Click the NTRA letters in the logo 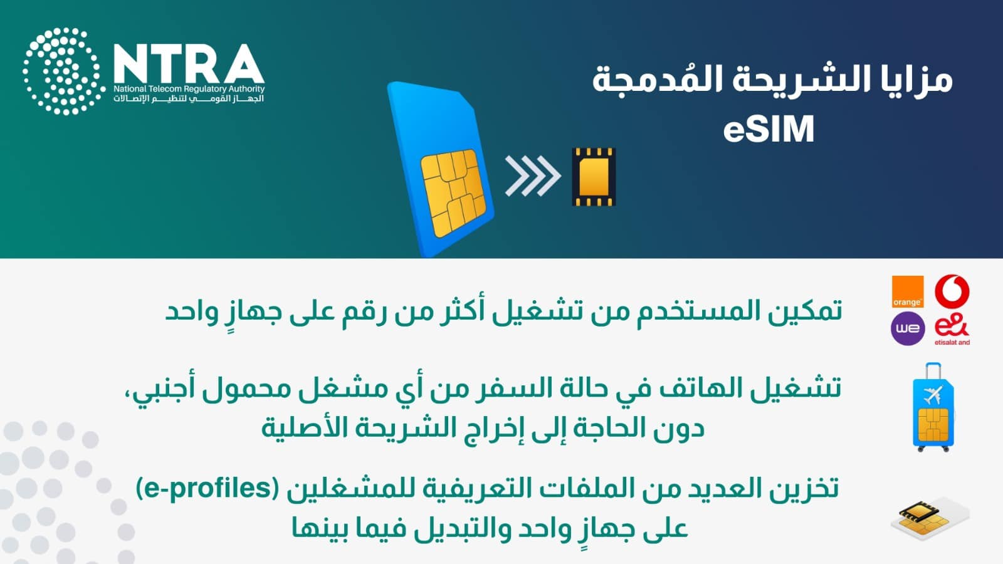pos(189,63)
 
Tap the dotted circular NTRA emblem pos(64,71)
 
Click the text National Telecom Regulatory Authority pos(189,89)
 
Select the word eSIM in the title pos(769,129)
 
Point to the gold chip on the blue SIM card pos(453,192)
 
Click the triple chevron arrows pos(533,176)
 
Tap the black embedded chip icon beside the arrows pos(594,177)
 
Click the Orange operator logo pos(908,292)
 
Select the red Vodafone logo pos(952,291)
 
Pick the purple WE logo pos(908,328)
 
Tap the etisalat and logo pos(952,330)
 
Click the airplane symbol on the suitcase pos(933,395)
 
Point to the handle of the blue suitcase pos(933,370)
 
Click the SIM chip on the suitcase pos(933,425)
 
